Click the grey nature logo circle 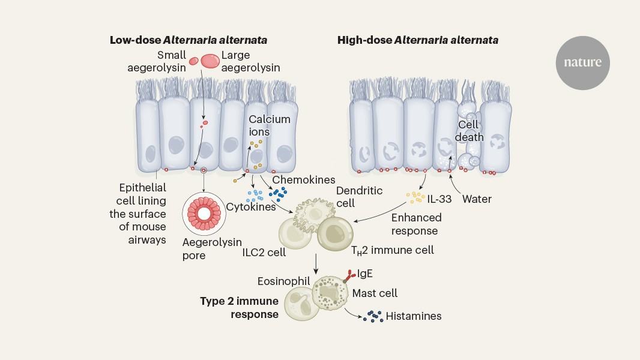[x=582, y=63]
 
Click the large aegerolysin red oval [x=210, y=61]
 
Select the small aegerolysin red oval [x=194, y=61]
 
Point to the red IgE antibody [x=349, y=275]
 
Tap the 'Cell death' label [x=470, y=131]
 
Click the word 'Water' [x=477, y=199]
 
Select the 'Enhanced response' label [x=416, y=224]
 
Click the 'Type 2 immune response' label [x=239, y=307]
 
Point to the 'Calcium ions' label [x=270, y=125]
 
